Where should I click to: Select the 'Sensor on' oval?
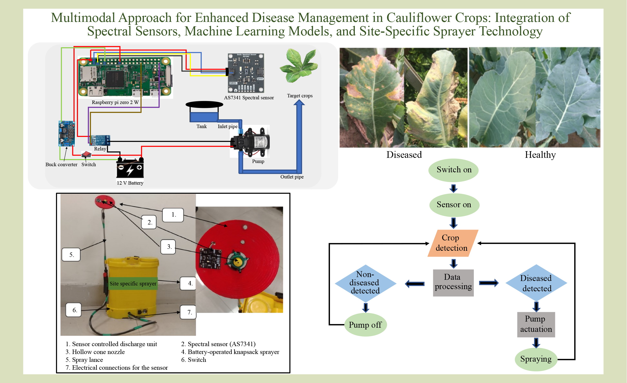coord(454,205)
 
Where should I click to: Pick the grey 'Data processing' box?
coord(453,282)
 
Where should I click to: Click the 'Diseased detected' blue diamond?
coord(536,283)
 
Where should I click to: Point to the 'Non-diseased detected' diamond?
coord(365,283)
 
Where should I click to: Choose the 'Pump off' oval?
coord(365,325)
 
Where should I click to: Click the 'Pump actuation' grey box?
coord(536,324)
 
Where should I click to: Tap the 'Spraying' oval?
coord(536,359)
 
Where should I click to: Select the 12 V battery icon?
coord(130,168)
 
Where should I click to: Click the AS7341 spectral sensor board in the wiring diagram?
coord(246,73)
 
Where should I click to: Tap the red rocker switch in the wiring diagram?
coord(86,154)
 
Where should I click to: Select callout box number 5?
coord(71,255)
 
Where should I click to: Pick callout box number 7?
coord(189,312)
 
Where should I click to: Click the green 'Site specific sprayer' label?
coord(133,283)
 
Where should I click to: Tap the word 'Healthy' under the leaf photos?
coord(540,155)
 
